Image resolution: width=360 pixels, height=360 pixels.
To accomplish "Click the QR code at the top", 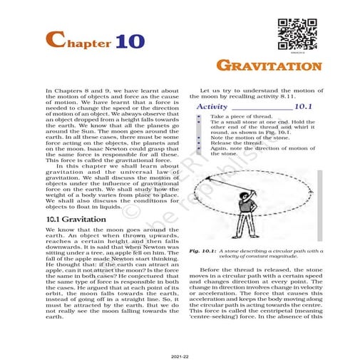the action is click(294, 33).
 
